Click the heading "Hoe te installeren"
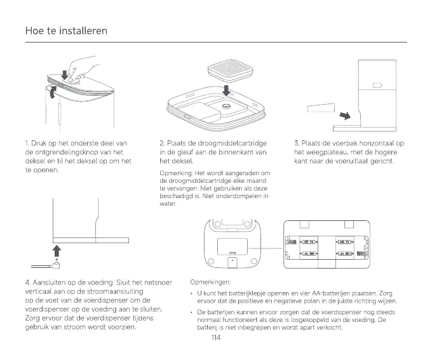tap(66, 30)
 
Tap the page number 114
tap(215, 337)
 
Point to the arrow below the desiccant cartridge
tap(226, 88)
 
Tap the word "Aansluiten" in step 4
tap(55, 282)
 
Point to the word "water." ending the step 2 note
tap(168, 204)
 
